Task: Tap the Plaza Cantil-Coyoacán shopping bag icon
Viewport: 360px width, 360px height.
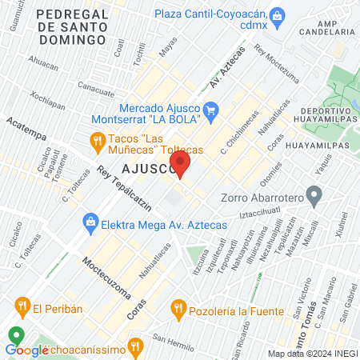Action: [x=278, y=15]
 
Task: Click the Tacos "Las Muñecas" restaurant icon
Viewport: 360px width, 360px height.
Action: [x=97, y=142]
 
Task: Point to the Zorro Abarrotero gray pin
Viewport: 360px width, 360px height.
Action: [x=314, y=194]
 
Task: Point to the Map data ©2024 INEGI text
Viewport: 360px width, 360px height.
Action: [x=311, y=354]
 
